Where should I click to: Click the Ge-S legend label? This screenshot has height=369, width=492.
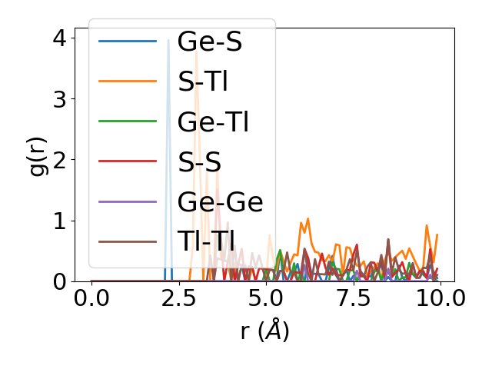click(x=209, y=42)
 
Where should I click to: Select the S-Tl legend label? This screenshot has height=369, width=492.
click(x=203, y=82)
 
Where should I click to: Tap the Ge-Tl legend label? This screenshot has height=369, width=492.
click(x=213, y=122)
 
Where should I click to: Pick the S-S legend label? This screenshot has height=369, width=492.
click(x=199, y=162)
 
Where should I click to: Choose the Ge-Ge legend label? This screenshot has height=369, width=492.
click(x=220, y=202)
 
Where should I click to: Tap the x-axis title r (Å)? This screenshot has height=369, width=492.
click(x=264, y=331)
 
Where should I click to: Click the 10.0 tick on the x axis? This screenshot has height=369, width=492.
click(x=439, y=298)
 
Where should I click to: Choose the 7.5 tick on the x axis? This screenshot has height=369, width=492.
click(x=352, y=298)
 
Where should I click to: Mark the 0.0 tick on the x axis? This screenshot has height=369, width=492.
click(x=91, y=298)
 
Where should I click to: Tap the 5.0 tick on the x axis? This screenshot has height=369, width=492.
click(x=265, y=298)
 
